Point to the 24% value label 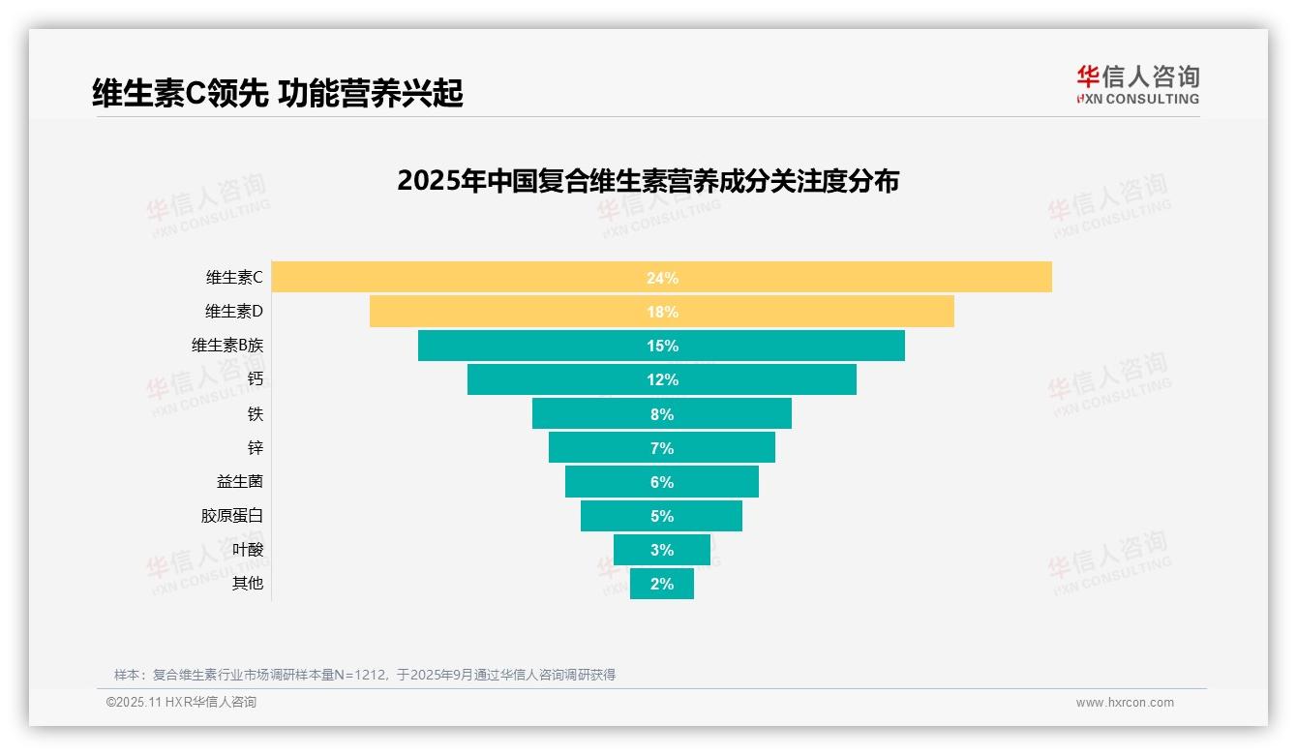pyautogui.click(x=662, y=278)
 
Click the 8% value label pyautogui.click(x=662, y=414)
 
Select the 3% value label pyautogui.click(x=662, y=550)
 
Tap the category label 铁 pyautogui.click(x=255, y=414)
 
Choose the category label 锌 pyautogui.click(x=255, y=448)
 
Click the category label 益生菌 pyautogui.click(x=239, y=482)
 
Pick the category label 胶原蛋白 pyautogui.click(x=232, y=516)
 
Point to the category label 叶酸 pyautogui.click(x=247, y=550)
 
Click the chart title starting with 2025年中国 pyautogui.click(x=648, y=181)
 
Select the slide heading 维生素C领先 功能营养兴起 pyautogui.click(x=278, y=93)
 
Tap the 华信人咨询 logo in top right pyautogui.click(x=1137, y=85)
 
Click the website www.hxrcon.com pyautogui.click(x=1125, y=703)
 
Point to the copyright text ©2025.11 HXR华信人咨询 pyautogui.click(x=181, y=703)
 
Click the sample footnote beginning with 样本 pyautogui.click(x=365, y=675)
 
